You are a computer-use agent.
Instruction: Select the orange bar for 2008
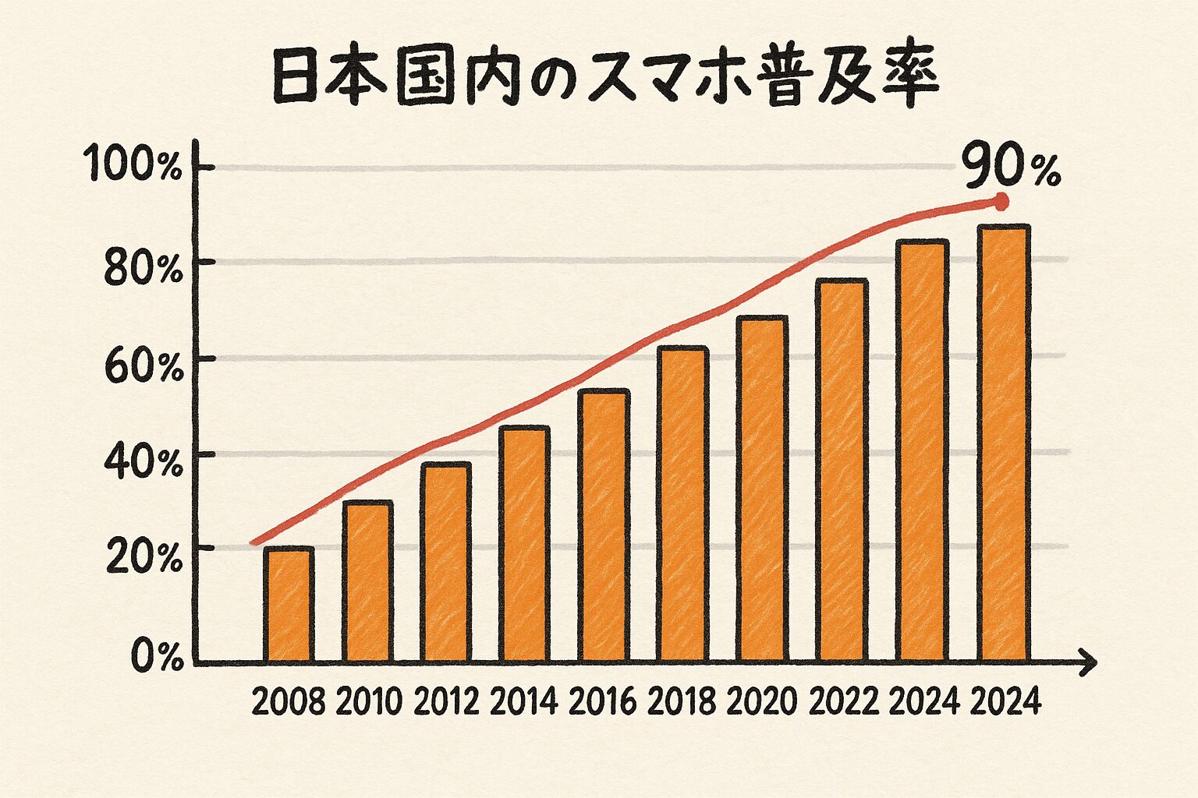pyautogui.click(x=289, y=605)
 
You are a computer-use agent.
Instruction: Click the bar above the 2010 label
pyautogui.click(x=367, y=581)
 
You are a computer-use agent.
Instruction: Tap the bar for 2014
pyautogui.click(x=524, y=544)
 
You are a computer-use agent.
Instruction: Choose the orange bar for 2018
pyautogui.click(x=682, y=505)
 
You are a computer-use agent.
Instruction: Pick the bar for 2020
pyautogui.click(x=761, y=489)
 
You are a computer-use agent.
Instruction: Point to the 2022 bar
pyautogui.click(x=842, y=471)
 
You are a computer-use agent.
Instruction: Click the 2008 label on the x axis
pyautogui.click(x=289, y=703)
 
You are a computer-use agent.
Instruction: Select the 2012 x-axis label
pyautogui.click(x=446, y=703)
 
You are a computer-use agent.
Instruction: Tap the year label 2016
pyautogui.click(x=603, y=703)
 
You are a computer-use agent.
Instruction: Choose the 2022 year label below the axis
pyautogui.click(x=844, y=703)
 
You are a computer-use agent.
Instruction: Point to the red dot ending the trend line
pyautogui.click(x=1002, y=203)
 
